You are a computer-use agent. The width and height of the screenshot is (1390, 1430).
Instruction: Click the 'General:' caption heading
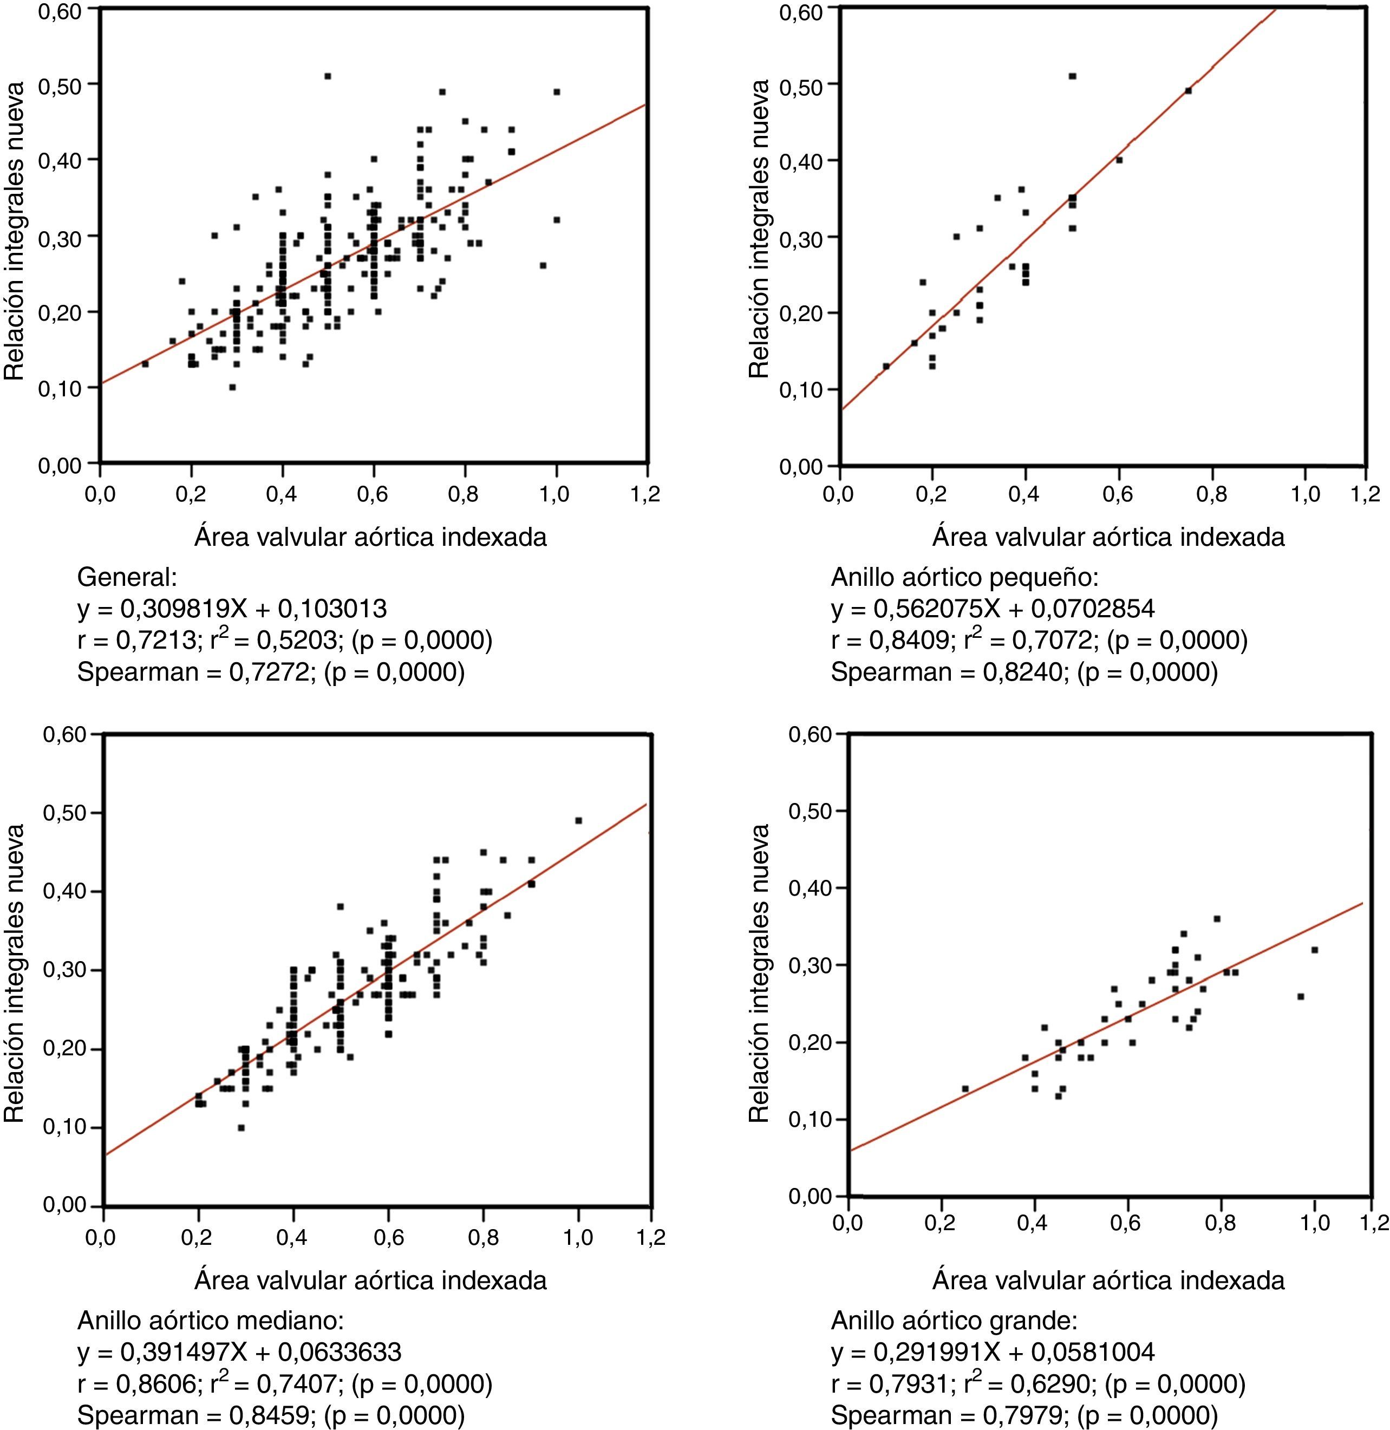127,577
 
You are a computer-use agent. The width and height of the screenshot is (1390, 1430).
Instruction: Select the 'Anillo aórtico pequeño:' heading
964,577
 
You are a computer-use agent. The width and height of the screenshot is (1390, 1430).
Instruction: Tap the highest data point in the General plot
328,76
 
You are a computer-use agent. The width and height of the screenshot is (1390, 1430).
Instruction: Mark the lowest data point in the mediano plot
241,1127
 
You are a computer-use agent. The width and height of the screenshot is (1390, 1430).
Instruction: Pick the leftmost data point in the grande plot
965,1088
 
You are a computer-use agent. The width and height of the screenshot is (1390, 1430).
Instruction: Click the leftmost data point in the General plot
145,363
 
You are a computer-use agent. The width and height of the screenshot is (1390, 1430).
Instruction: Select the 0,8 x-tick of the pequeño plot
1212,495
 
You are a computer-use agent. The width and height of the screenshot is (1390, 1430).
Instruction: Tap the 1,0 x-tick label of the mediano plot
577,1238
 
